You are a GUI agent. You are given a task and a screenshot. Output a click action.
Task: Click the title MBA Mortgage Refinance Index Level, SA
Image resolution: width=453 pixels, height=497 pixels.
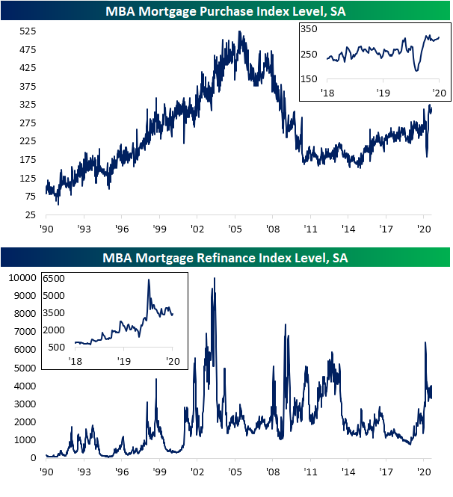point(225,258)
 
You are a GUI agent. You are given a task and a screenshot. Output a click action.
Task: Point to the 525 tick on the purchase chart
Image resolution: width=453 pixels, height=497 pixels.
point(27,31)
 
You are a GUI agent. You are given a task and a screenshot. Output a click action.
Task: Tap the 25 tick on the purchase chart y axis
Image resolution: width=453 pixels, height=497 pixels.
point(30,214)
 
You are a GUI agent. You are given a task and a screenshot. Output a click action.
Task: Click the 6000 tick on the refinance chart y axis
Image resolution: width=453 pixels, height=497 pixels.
point(25,350)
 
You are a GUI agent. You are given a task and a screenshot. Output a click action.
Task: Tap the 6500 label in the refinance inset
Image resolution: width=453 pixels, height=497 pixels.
point(54,278)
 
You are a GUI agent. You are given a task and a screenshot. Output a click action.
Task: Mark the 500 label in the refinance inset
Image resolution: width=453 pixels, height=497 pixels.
point(57,347)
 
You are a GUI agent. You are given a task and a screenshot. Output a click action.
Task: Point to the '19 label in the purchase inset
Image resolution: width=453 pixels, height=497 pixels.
point(383,93)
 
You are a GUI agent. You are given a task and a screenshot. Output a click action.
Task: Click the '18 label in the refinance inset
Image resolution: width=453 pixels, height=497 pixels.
point(75,361)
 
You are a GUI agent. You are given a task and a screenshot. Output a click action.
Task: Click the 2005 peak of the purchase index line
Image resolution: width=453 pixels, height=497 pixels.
point(239,31)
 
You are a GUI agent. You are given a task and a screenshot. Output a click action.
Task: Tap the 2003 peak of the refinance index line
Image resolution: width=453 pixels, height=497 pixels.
point(215,278)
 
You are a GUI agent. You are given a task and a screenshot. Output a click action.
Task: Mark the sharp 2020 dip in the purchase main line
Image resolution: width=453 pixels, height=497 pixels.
point(427,156)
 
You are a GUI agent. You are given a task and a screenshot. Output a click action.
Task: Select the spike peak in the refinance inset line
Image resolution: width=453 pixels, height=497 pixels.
point(148,280)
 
